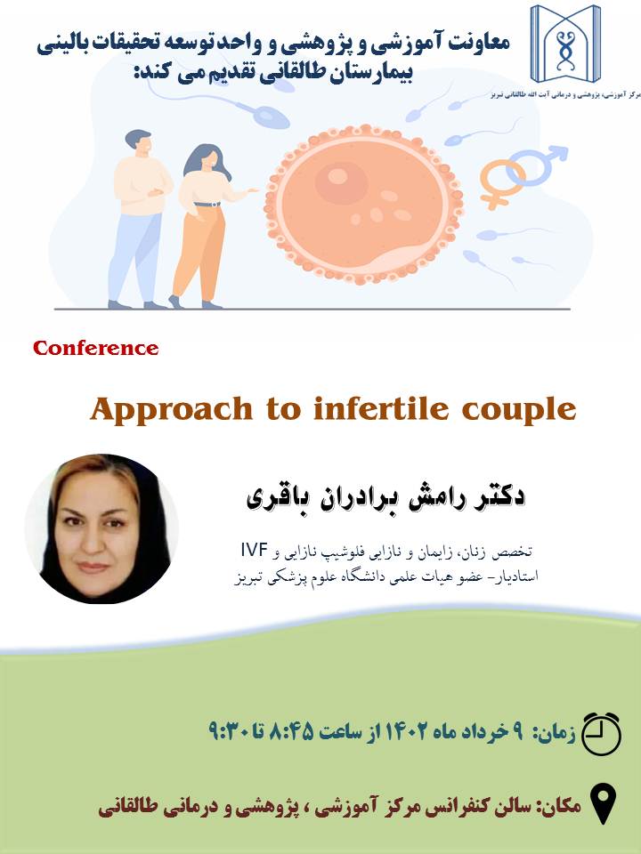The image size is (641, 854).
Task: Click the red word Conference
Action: coord(96,348)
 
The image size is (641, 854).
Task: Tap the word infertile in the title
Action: coord(383,408)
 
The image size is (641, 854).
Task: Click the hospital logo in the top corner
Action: coord(565,44)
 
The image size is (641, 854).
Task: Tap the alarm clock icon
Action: coord(601,733)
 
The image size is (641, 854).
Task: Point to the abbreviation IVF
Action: coord(254,550)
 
